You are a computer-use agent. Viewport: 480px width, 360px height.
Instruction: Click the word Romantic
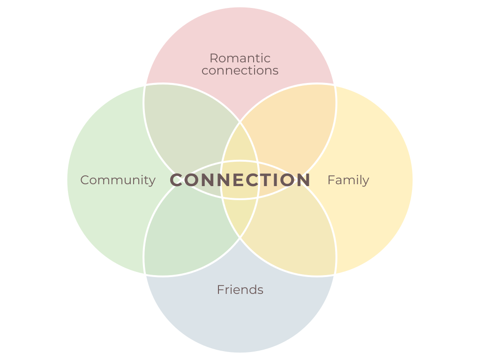pyautogui.click(x=240, y=58)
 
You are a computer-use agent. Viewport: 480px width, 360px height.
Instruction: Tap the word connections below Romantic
pyautogui.click(x=240, y=71)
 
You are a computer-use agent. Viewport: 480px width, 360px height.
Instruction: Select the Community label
pyautogui.click(x=118, y=180)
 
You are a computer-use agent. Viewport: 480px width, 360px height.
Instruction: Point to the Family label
pyautogui.click(x=348, y=180)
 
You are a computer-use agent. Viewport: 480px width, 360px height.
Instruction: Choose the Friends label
pyautogui.click(x=240, y=290)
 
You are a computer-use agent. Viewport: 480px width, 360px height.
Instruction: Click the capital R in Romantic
pyautogui.click(x=213, y=58)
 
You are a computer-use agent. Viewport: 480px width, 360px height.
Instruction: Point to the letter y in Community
pyautogui.click(x=151, y=181)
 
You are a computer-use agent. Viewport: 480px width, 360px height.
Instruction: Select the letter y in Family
pyautogui.click(x=365, y=181)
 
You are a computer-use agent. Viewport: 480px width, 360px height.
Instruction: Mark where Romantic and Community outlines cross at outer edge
pyautogui.click(x=145, y=85)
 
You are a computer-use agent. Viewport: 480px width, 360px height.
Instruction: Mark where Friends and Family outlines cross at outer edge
pyautogui.click(x=335, y=275)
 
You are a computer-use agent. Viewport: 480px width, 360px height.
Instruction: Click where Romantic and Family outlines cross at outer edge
pyautogui.click(x=335, y=85)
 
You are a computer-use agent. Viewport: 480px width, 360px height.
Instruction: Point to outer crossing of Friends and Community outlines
pyautogui.click(x=145, y=275)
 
